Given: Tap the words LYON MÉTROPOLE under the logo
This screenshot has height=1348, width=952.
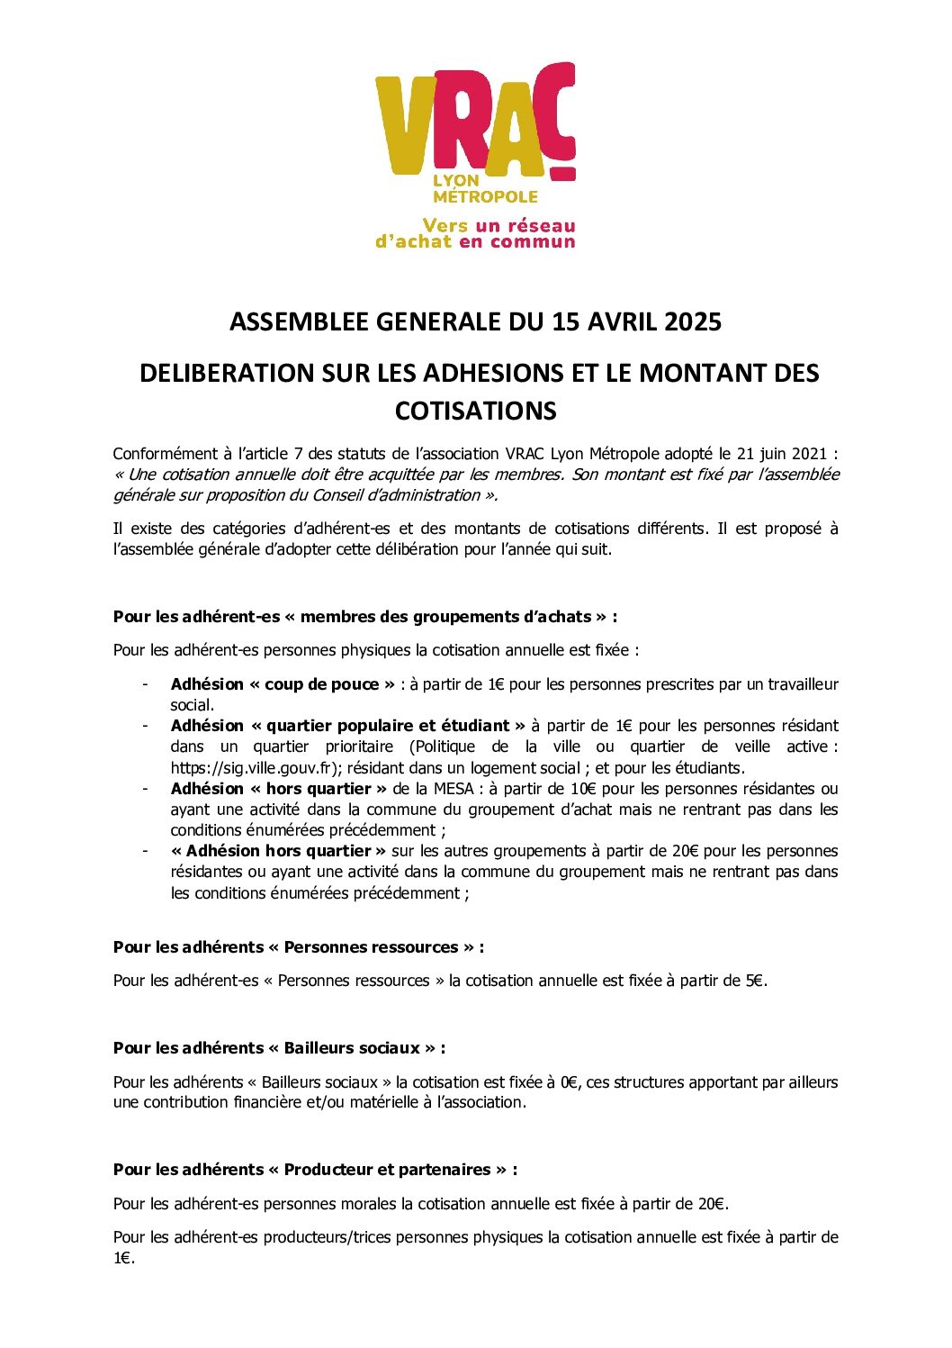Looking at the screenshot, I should click(484, 188).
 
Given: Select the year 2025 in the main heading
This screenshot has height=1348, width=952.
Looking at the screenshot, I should click(693, 321).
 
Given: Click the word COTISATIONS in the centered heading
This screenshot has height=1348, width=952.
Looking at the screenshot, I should click(476, 411).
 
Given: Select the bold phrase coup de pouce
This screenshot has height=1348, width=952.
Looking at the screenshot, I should click(321, 684).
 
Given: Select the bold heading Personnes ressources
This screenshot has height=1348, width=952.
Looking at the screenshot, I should click(372, 947).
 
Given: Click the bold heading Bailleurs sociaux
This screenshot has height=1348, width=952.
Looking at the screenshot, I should click(352, 1048).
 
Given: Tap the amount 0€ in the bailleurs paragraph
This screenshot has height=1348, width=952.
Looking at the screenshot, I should click(570, 1082).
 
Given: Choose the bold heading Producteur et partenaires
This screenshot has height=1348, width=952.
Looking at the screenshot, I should click(388, 1170).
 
